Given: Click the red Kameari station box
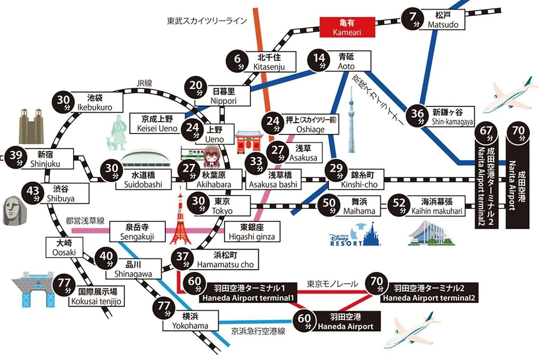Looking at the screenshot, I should coord(347,27).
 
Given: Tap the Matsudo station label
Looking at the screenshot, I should coord(443,20).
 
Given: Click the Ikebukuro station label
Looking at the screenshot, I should coord(95,103).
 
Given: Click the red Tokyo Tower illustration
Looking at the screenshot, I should coord(180,220).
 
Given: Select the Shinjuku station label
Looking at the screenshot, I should coord(45,159).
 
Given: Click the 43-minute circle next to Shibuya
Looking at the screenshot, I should coord(34,193).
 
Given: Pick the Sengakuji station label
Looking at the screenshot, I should coord(137,232).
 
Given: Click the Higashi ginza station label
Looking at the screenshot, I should coord(252,232).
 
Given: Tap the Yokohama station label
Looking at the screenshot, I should coord(190,321).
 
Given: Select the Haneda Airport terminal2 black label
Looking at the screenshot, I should coord(429,293).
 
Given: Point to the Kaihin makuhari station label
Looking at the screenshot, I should coord(437,206).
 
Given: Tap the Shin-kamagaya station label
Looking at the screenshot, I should coord(452,117).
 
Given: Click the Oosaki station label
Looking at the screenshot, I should coord(64,248).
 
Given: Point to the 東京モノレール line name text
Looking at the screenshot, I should coord(332,284).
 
